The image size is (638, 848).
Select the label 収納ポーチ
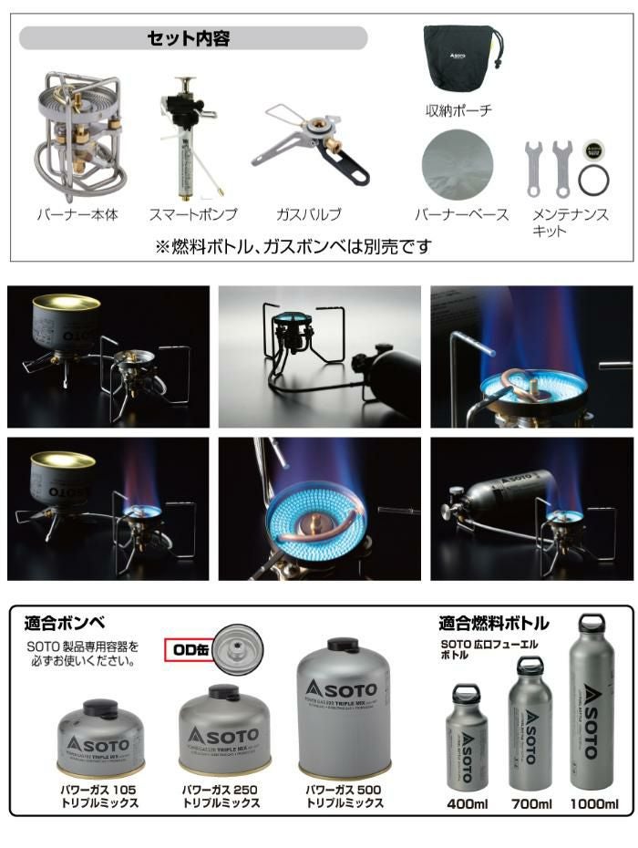(x=458, y=110)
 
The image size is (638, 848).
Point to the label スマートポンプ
(x=193, y=215)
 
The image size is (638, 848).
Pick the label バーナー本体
(x=77, y=215)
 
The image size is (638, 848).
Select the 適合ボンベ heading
(x=65, y=624)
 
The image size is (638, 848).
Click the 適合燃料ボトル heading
(x=494, y=624)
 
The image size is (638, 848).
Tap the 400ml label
(x=466, y=803)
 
